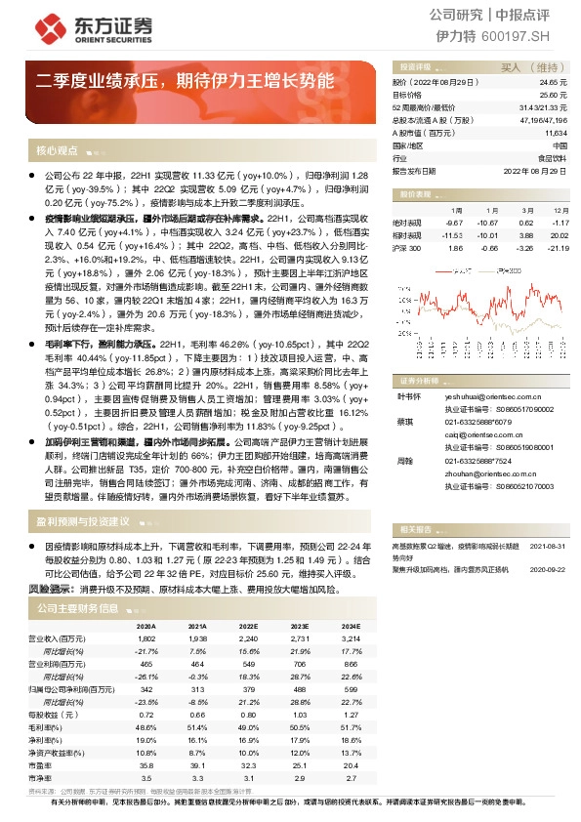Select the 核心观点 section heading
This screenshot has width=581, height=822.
pyautogui.click(x=57, y=151)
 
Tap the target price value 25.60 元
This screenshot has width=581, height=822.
pyautogui.click(x=554, y=96)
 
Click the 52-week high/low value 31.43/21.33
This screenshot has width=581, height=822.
pyautogui.click(x=544, y=107)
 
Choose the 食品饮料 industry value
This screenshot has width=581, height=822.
pyautogui.click(x=553, y=156)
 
